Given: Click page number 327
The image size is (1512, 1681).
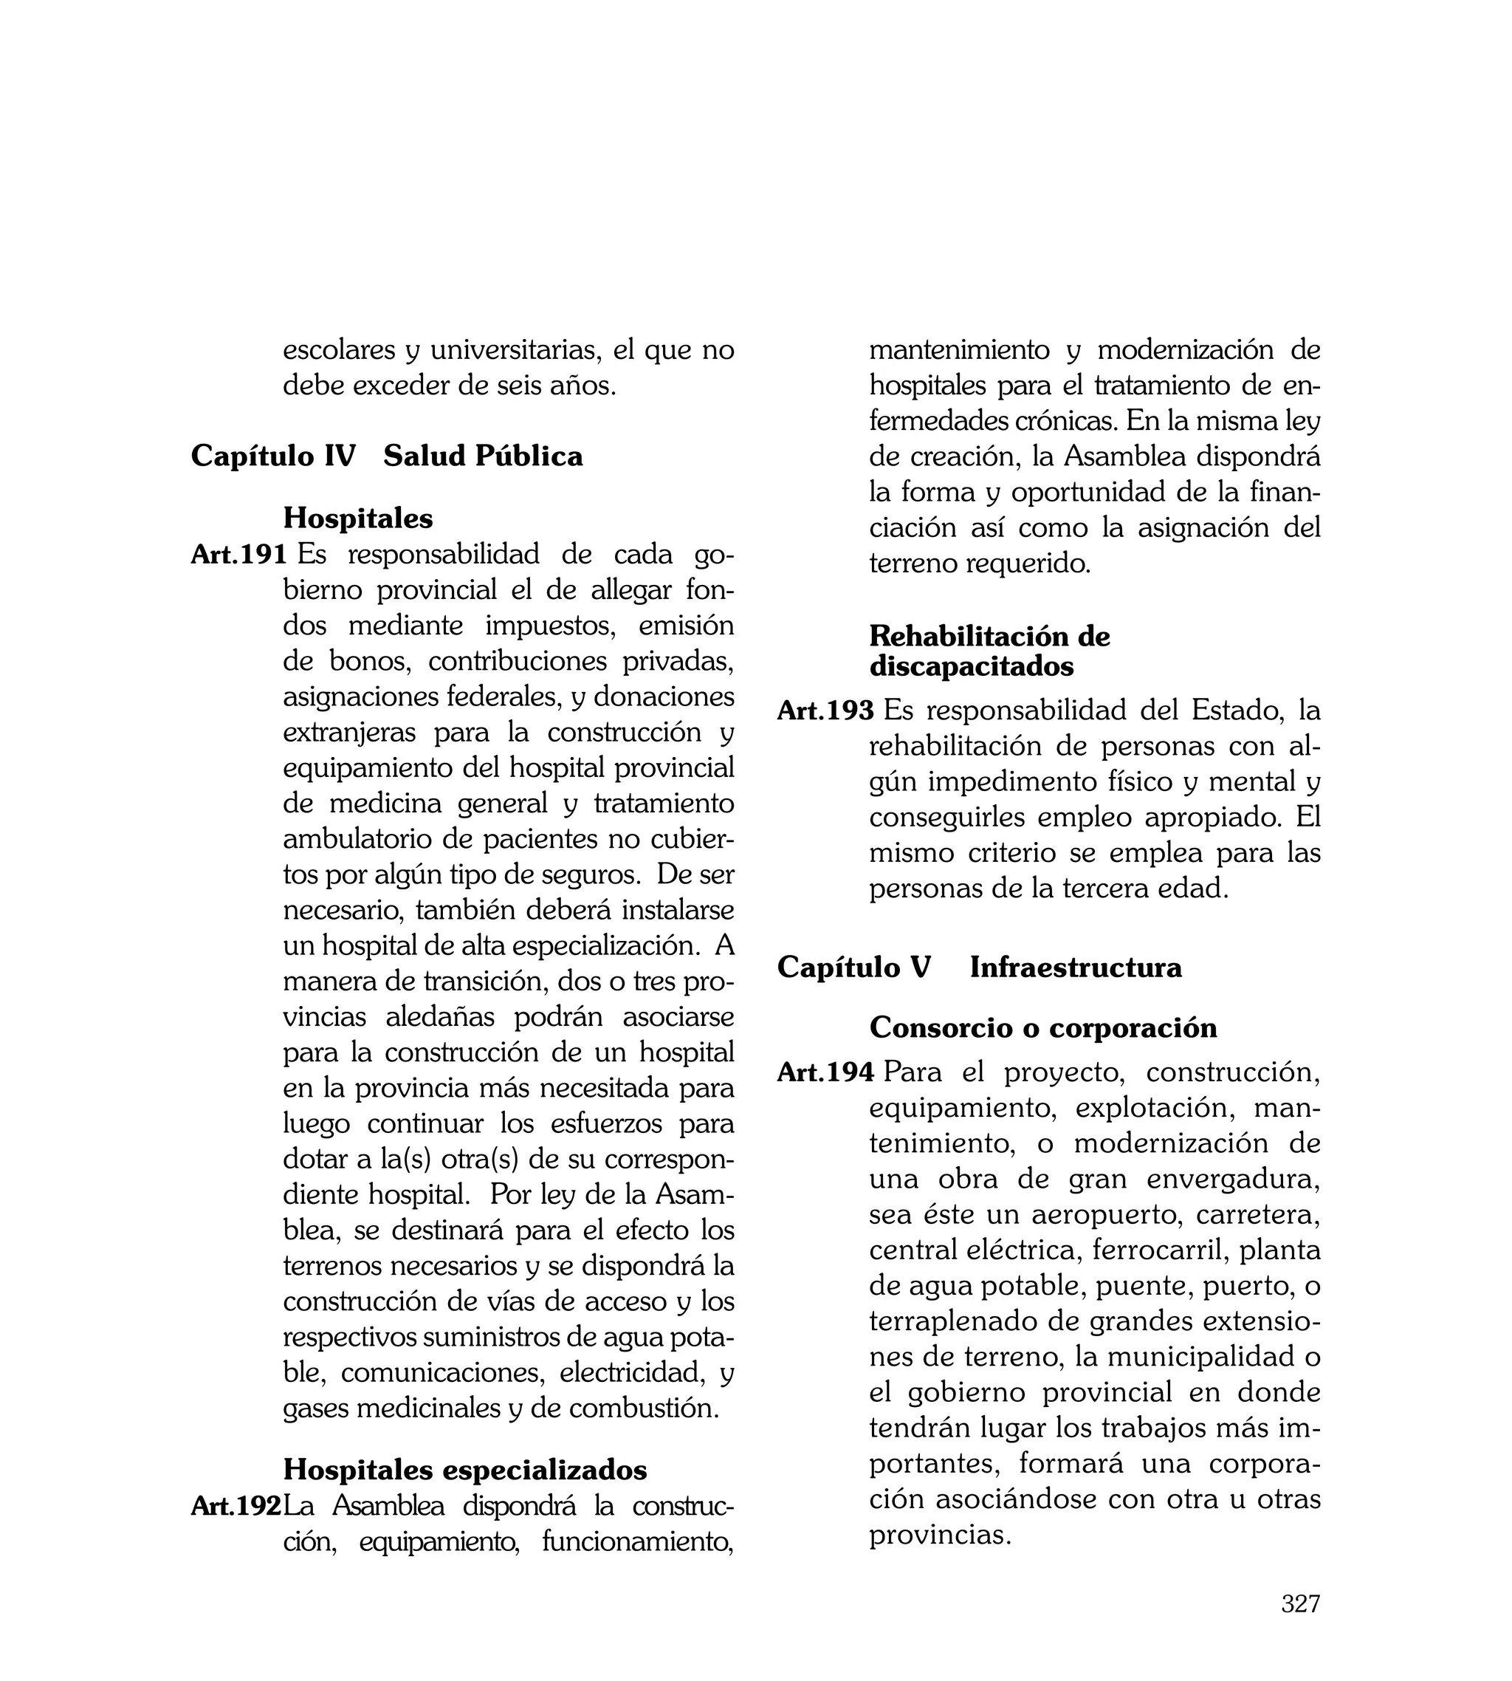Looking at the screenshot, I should [x=1300, y=1603].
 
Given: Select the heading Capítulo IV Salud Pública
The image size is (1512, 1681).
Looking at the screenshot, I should [x=386, y=456].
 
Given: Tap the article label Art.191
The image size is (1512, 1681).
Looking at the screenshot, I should [x=238, y=554].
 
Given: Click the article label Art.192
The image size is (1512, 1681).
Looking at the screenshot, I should [x=236, y=1506].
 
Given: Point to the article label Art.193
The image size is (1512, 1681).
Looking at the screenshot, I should [x=825, y=711].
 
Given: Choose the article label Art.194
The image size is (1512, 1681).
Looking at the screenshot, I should [x=825, y=1072].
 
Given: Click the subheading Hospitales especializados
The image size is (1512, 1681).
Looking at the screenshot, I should [x=464, y=1470].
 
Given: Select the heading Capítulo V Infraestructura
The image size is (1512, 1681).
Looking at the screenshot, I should [x=979, y=968].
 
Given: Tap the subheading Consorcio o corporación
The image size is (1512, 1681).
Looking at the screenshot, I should [x=1042, y=1028].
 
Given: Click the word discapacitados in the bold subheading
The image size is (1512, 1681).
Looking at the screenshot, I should [x=971, y=666].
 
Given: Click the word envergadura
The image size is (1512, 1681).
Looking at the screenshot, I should [x=1233, y=1179].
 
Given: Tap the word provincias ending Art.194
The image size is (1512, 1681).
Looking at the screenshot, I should [x=940, y=1536].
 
